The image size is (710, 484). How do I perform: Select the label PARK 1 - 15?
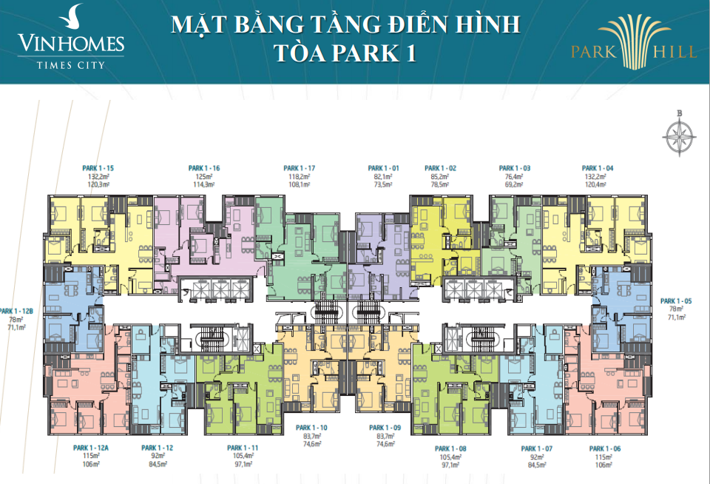coord(98,169)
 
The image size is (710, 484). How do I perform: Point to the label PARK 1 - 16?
coord(204,169)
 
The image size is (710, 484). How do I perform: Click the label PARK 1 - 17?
coord(300,169)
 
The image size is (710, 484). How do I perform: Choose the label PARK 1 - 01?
coord(384,169)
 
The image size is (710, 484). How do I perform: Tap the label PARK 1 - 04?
coord(598,169)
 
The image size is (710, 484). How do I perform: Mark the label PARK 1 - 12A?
coord(91,448)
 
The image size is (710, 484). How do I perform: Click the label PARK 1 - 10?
coord(311,428)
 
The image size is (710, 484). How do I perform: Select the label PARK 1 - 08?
coord(450,448)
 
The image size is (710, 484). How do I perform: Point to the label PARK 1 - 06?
coord(605,448)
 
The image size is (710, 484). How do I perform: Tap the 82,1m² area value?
coord(382,178)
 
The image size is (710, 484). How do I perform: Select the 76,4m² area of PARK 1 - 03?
coord(515,178)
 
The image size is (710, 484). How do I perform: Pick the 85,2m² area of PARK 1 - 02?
coord(439,178)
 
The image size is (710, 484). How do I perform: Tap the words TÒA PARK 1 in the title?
coord(345,55)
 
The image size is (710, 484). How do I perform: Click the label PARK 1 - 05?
coord(675,301)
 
